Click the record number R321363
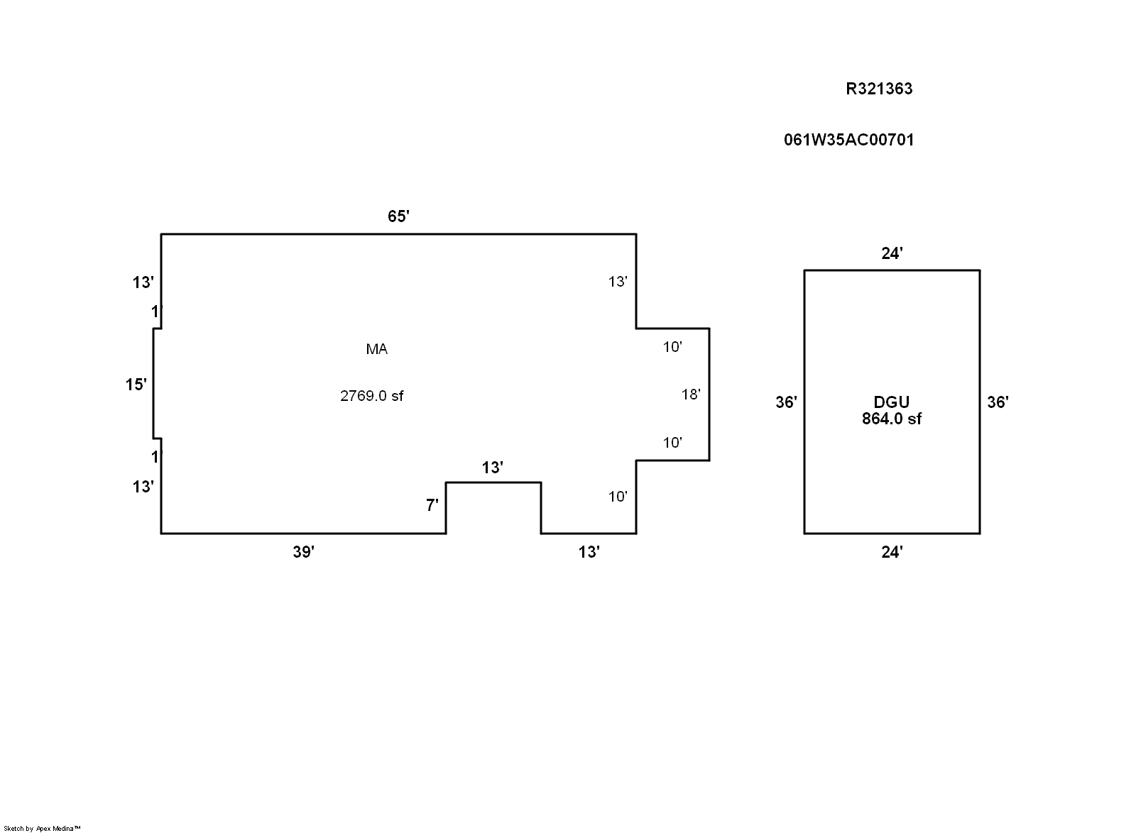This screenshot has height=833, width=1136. tap(879, 89)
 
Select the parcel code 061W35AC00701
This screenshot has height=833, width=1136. tap(849, 140)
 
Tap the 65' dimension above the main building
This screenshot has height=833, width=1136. tap(398, 216)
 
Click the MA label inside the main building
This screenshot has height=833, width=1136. tap(377, 349)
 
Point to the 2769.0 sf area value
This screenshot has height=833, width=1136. tap(372, 396)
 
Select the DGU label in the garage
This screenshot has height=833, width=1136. tap(892, 402)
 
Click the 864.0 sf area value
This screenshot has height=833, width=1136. tap(892, 419)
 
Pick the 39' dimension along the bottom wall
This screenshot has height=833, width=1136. tap(303, 552)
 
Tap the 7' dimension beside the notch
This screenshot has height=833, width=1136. tap(432, 505)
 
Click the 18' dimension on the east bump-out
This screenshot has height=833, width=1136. tap(691, 395)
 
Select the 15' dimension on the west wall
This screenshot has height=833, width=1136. tap(136, 385)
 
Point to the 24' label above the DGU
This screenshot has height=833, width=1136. tap(892, 253)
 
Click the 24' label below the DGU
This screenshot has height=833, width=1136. tap(892, 552)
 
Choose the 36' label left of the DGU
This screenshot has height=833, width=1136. tap(786, 402)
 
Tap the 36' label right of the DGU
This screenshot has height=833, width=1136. tap(998, 402)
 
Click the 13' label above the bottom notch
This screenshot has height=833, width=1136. tap(493, 468)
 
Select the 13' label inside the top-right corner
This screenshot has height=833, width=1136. tap(618, 282)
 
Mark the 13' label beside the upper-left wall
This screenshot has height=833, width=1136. tap(143, 282)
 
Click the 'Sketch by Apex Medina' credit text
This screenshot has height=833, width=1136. tap(42, 829)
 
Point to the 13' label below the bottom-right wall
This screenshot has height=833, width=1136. tap(589, 552)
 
